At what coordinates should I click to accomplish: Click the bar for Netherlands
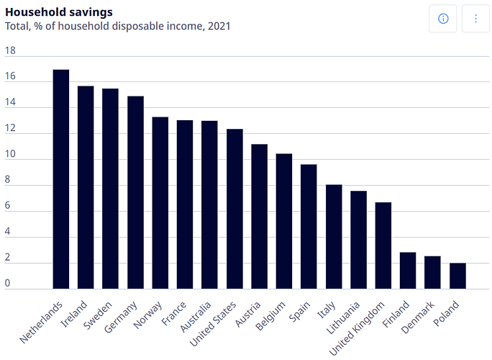61,179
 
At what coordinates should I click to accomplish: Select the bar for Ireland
86,187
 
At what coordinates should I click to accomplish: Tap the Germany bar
135,192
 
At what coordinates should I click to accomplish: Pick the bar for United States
234,209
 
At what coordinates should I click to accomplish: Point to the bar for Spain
309,227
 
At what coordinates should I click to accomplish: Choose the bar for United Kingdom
383,246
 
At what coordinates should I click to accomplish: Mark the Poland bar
457,276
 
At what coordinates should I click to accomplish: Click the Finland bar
408,271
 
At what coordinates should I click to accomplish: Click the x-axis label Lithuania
343,318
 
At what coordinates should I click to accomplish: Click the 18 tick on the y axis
9,51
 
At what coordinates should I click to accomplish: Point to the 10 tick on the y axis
9,155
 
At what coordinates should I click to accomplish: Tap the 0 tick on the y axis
8,284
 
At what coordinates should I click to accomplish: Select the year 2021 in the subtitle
217,26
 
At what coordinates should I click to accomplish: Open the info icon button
443,19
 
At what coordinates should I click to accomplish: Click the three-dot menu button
475,19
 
